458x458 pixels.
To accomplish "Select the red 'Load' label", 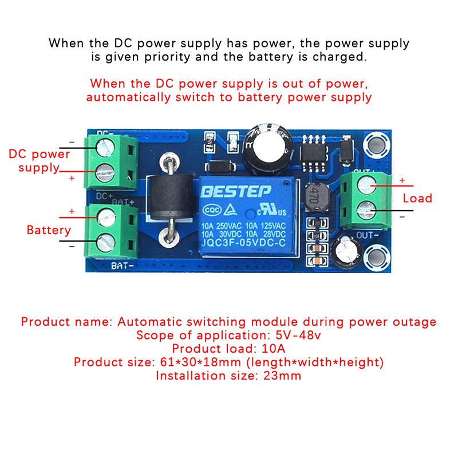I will (x=417, y=198).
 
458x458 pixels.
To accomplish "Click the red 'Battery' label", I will (x=49, y=230).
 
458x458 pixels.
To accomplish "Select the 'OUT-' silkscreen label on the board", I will (x=367, y=235).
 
